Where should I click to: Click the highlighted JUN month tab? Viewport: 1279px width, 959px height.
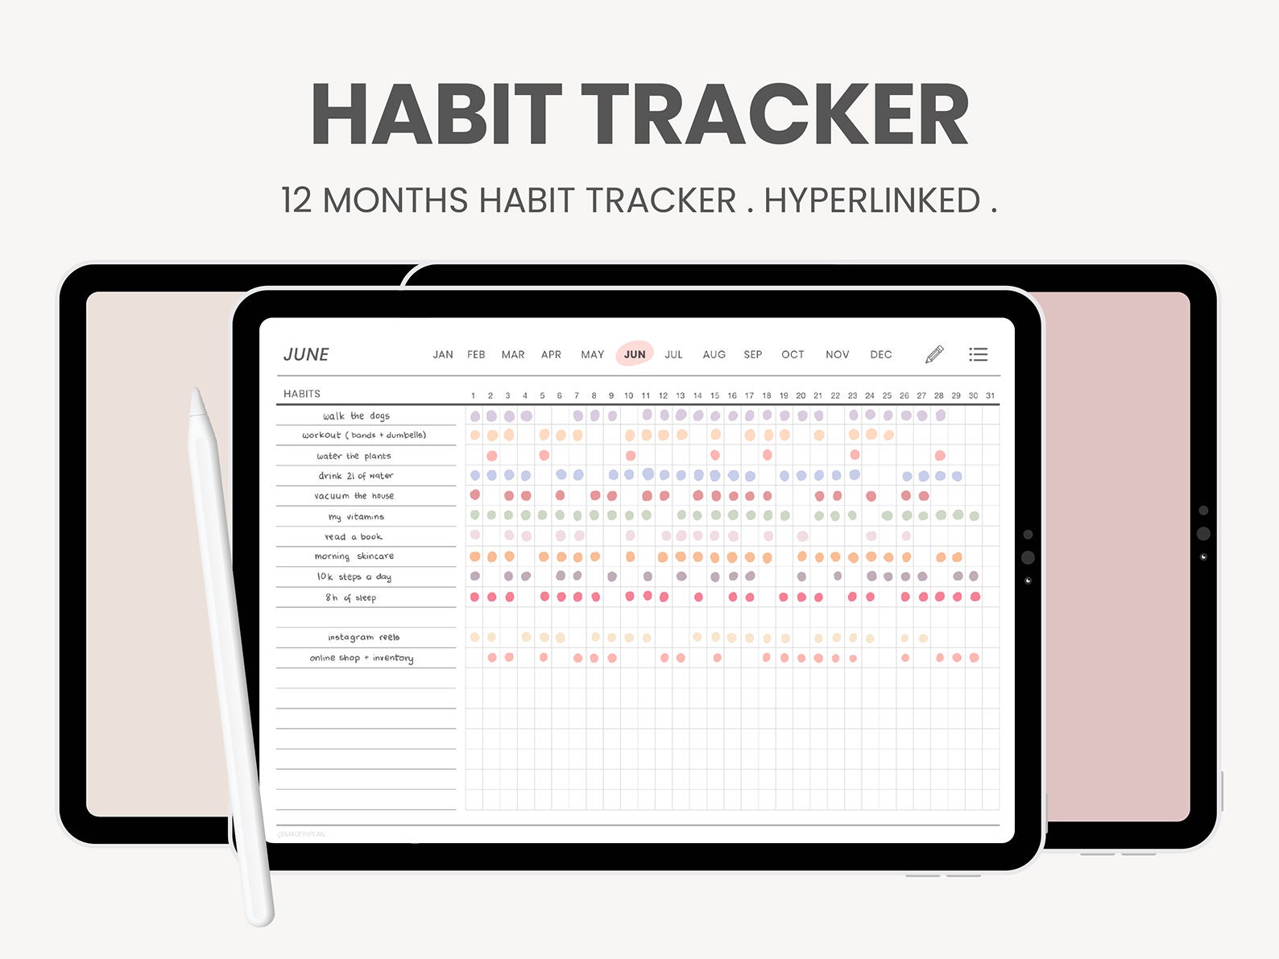pos(635,354)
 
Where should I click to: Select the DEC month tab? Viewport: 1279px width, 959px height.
pos(880,354)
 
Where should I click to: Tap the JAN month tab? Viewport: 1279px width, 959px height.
pos(443,354)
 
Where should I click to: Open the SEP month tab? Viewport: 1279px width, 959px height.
pos(753,354)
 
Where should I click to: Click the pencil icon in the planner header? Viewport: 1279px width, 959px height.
pos(934,354)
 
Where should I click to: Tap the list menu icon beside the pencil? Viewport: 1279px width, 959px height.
pos(979,354)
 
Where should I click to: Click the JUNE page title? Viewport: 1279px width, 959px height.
pos(306,354)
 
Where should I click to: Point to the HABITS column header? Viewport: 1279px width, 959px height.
pos(302,394)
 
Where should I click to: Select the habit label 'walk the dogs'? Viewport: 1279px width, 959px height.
pos(356,415)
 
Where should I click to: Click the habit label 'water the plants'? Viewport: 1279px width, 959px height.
pos(354,456)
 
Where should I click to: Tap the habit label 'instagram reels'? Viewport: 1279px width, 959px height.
pos(363,637)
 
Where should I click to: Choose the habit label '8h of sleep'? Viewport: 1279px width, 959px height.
pos(350,597)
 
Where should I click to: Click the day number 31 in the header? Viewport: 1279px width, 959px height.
pos(990,395)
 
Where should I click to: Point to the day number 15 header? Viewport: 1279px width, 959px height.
pos(714,395)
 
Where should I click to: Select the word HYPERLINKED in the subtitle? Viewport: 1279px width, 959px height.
pos(871,200)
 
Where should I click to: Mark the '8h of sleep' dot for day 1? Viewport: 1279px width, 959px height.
pos(474,597)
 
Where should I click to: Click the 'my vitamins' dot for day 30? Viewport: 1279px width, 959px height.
pos(975,515)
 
